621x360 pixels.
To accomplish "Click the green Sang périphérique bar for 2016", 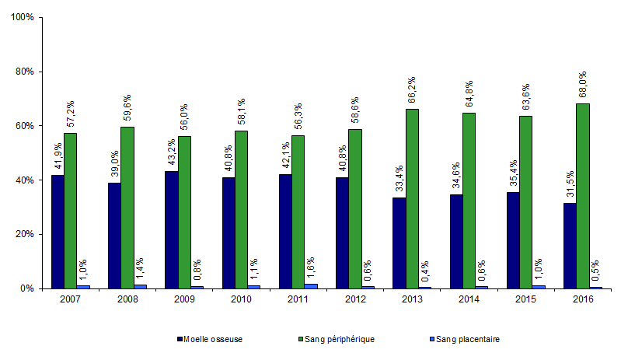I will [583, 196].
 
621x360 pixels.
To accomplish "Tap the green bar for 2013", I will [412, 198].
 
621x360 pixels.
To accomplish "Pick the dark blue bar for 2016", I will [570, 245].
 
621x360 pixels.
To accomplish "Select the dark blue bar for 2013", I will [399, 243].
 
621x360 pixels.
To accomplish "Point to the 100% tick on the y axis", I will [23, 17].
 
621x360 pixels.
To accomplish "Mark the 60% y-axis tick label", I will [25, 126].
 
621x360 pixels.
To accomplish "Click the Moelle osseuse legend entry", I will [211, 340].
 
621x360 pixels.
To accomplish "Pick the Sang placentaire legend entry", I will [468, 340].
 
